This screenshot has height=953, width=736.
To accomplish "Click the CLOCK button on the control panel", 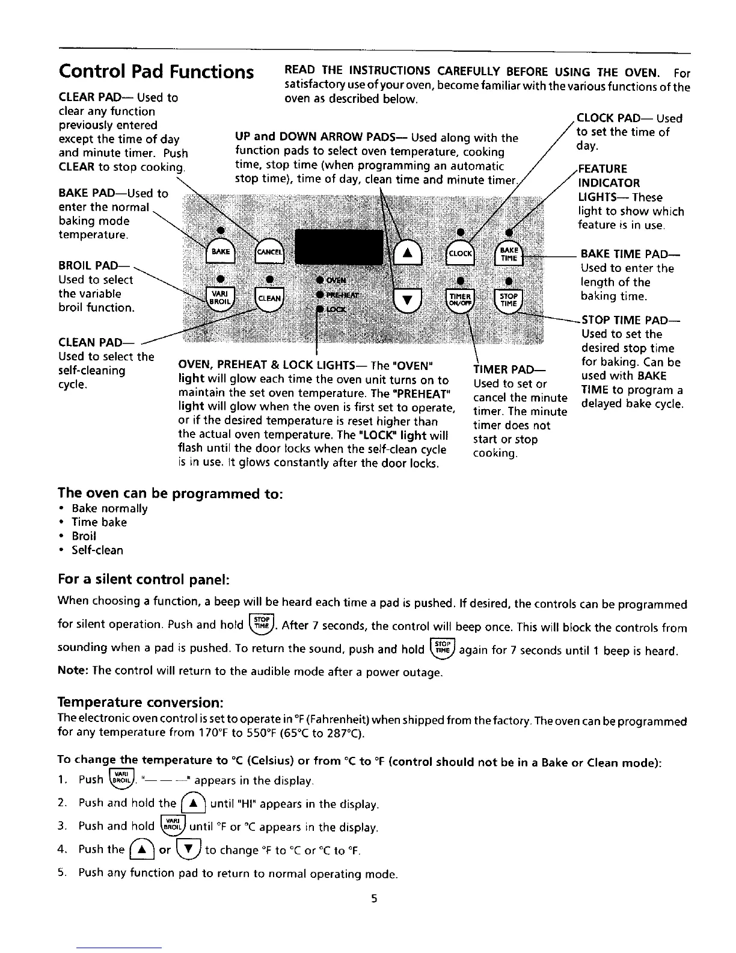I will pyautogui.click(x=461, y=253).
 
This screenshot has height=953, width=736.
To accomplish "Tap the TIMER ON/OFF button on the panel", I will pyautogui.click(x=461, y=299).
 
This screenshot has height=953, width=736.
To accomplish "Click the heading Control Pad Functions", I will pyautogui.click(x=156, y=72).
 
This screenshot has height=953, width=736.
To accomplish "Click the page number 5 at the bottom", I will pyautogui.click(x=374, y=899).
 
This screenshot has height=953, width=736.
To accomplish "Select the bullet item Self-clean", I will pyautogui.click(x=97, y=550).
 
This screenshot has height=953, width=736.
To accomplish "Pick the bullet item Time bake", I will pyautogui.click(x=99, y=522).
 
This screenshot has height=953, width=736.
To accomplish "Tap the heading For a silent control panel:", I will pyautogui.click(x=144, y=579).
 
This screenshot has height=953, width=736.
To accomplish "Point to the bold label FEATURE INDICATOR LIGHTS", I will pyautogui.click(x=609, y=183).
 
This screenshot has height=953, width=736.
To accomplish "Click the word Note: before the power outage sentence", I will pyautogui.click(x=73, y=670).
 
